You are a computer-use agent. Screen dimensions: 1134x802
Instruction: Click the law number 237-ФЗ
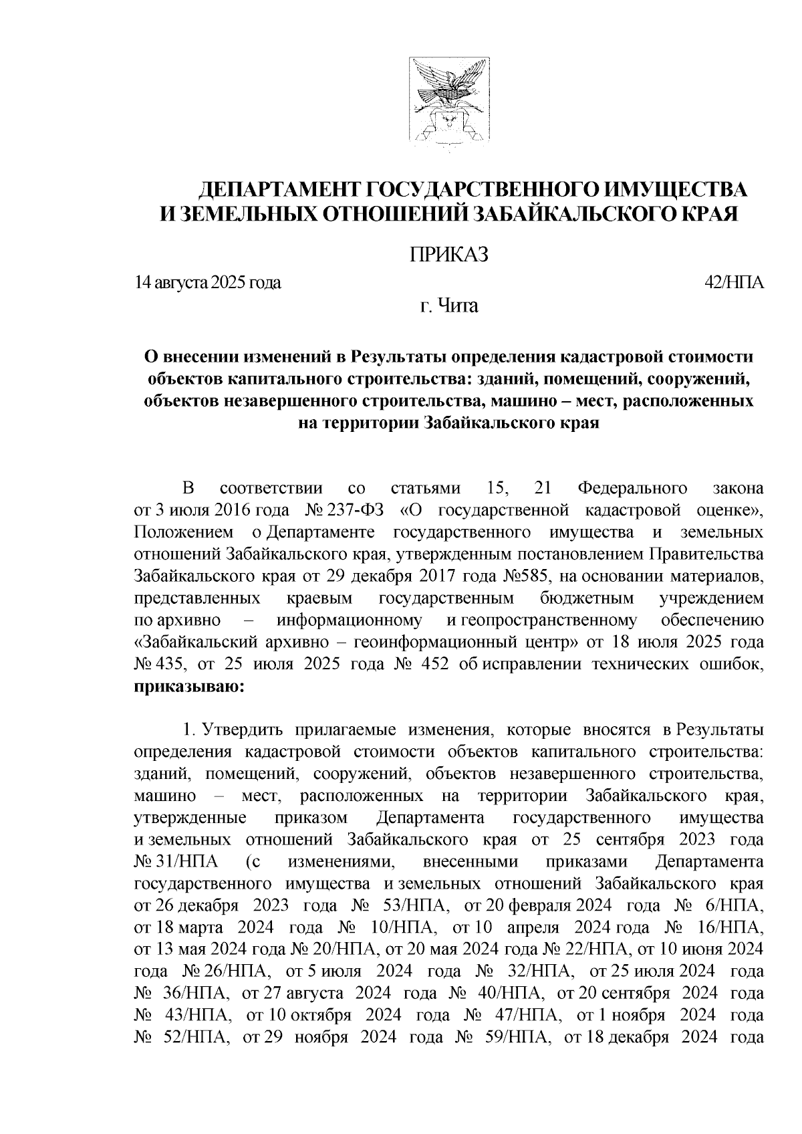pyautogui.click(x=359, y=511)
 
